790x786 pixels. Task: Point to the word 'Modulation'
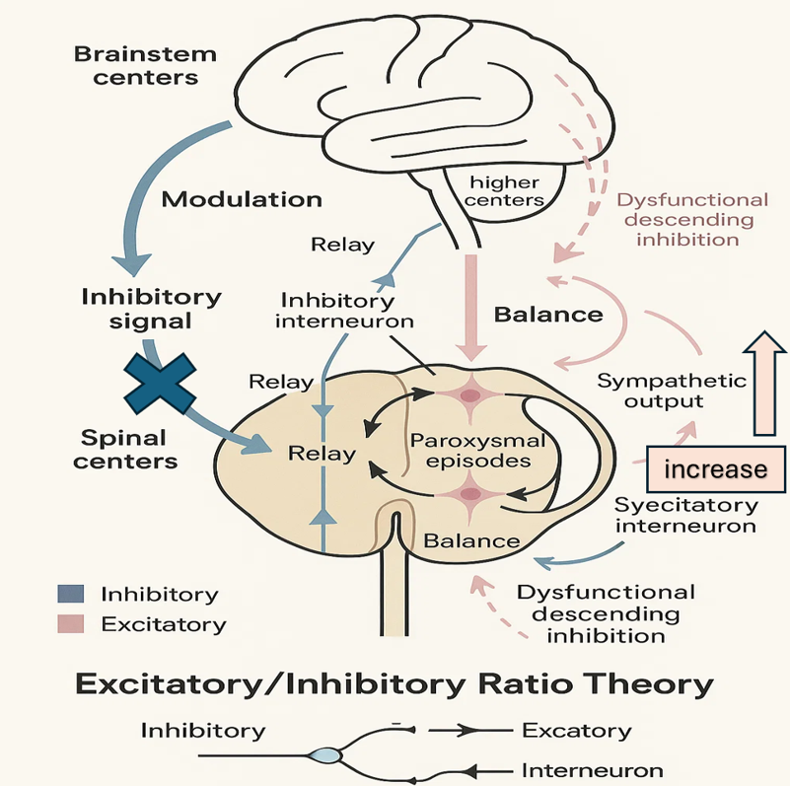pyautogui.click(x=242, y=199)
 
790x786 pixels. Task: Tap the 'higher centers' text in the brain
pyautogui.click(x=507, y=190)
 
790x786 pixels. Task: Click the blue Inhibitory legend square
pyautogui.click(x=72, y=594)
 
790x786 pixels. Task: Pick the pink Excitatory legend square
pyautogui.click(x=72, y=623)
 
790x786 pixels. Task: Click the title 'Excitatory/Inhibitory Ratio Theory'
pyautogui.click(x=395, y=682)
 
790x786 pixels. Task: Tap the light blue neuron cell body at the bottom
pyautogui.click(x=323, y=756)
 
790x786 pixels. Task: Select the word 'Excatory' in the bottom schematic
pyautogui.click(x=574, y=731)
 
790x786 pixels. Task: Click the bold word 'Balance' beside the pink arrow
pyautogui.click(x=547, y=316)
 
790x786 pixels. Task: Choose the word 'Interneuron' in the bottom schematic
pyautogui.click(x=591, y=770)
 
